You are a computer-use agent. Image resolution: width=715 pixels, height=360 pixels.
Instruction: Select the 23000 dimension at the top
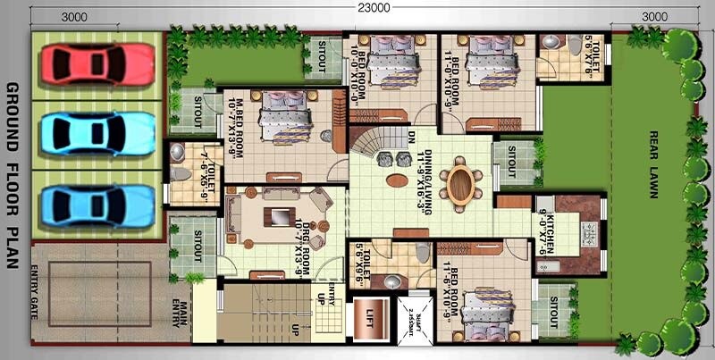pos(357,8)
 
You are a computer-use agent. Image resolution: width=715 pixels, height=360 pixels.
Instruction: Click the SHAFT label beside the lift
pos(413,315)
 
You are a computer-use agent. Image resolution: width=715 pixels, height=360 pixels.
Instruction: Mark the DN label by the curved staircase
pos(409,139)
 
